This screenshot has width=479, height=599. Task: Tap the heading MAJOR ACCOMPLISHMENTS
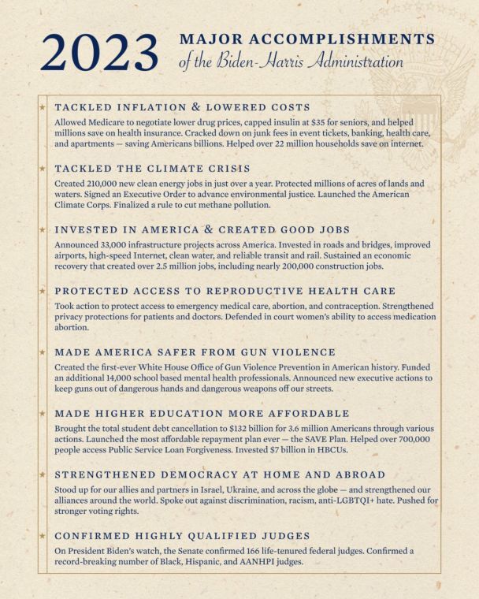(307, 39)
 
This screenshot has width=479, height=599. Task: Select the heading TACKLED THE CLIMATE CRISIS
(153, 168)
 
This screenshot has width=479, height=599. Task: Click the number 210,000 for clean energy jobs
(96, 184)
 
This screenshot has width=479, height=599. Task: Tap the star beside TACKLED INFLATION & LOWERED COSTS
(43, 106)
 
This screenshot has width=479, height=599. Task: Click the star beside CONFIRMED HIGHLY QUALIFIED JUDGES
(43, 535)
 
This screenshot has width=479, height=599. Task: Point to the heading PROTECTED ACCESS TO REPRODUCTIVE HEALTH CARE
(225, 291)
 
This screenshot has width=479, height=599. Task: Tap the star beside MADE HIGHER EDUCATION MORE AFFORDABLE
(43, 412)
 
